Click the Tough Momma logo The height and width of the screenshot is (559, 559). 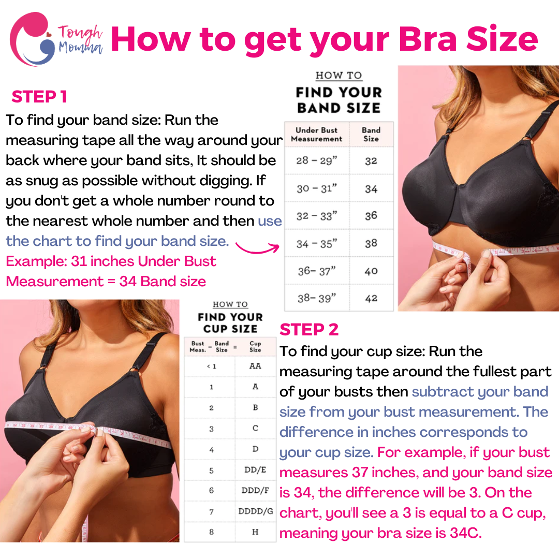coord(56,39)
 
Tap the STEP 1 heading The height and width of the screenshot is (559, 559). coord(39,97)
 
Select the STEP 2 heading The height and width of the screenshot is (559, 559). coord(309,329)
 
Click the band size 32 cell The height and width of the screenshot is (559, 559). coord(371,161)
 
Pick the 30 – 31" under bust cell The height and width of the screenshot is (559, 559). coord(317,188)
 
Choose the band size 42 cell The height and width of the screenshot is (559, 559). coord(371,298)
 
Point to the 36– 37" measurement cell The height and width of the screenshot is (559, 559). coord(317,271)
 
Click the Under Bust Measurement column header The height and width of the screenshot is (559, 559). coord(317,135)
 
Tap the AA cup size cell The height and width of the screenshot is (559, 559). coord(255,366)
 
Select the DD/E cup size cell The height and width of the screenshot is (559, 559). coord(255,469)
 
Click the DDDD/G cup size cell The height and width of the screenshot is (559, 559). coord(256,511)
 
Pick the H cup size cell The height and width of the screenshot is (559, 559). coord(255,532)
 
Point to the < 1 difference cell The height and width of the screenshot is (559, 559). coord(211,366)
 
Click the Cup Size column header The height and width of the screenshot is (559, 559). coord(255,346)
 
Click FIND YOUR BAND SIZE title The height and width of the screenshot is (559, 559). coord(339,100)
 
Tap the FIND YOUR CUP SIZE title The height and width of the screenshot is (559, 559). coord(230,322)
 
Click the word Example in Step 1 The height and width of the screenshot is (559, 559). coord(36,261)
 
